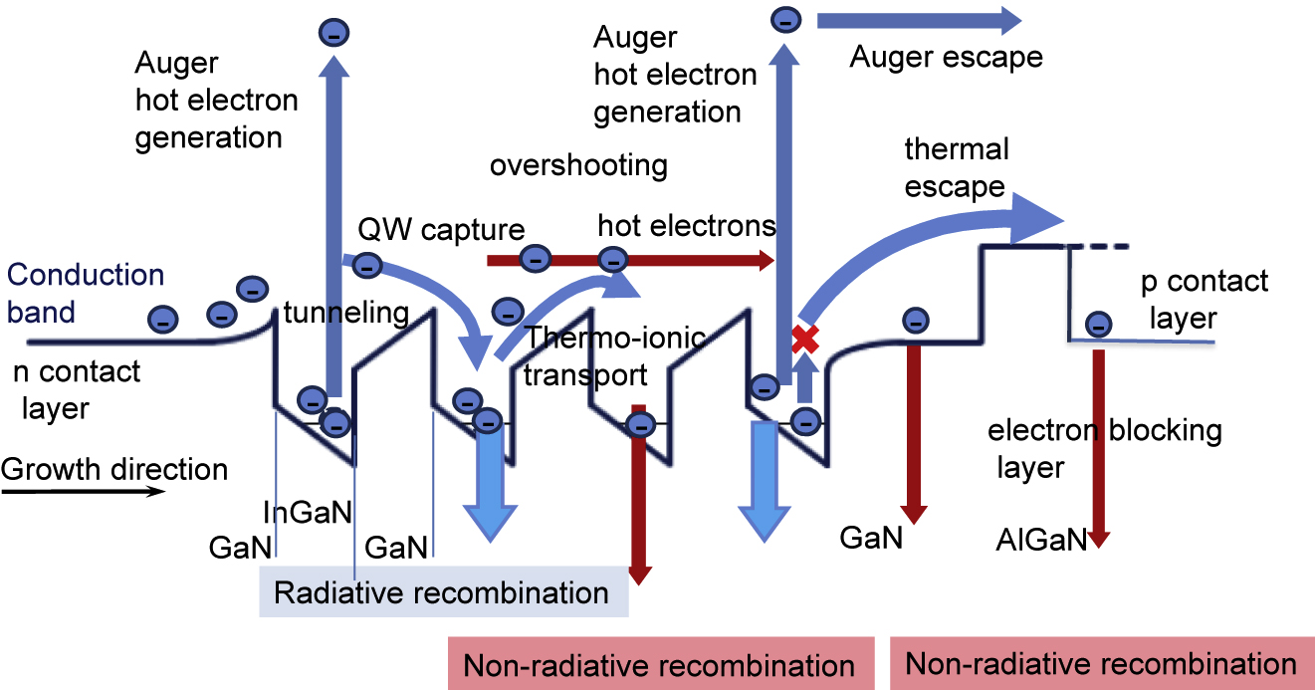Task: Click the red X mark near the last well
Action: pos(804,339)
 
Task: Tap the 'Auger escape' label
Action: pos(946,57)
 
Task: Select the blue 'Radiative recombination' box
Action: pos(442,593)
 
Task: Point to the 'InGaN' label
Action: pos(308,512)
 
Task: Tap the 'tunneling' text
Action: pos(345,314)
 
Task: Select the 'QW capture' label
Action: pos(441,230)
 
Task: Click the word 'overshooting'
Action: pos(578,164)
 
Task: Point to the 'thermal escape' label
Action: pos(956,168)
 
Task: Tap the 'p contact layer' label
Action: pos(1205,299)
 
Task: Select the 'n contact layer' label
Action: pos(77,389)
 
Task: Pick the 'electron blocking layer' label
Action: pos(1104,448)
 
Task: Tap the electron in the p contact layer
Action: pos(1099,324)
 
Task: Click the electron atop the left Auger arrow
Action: pos(332,32)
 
